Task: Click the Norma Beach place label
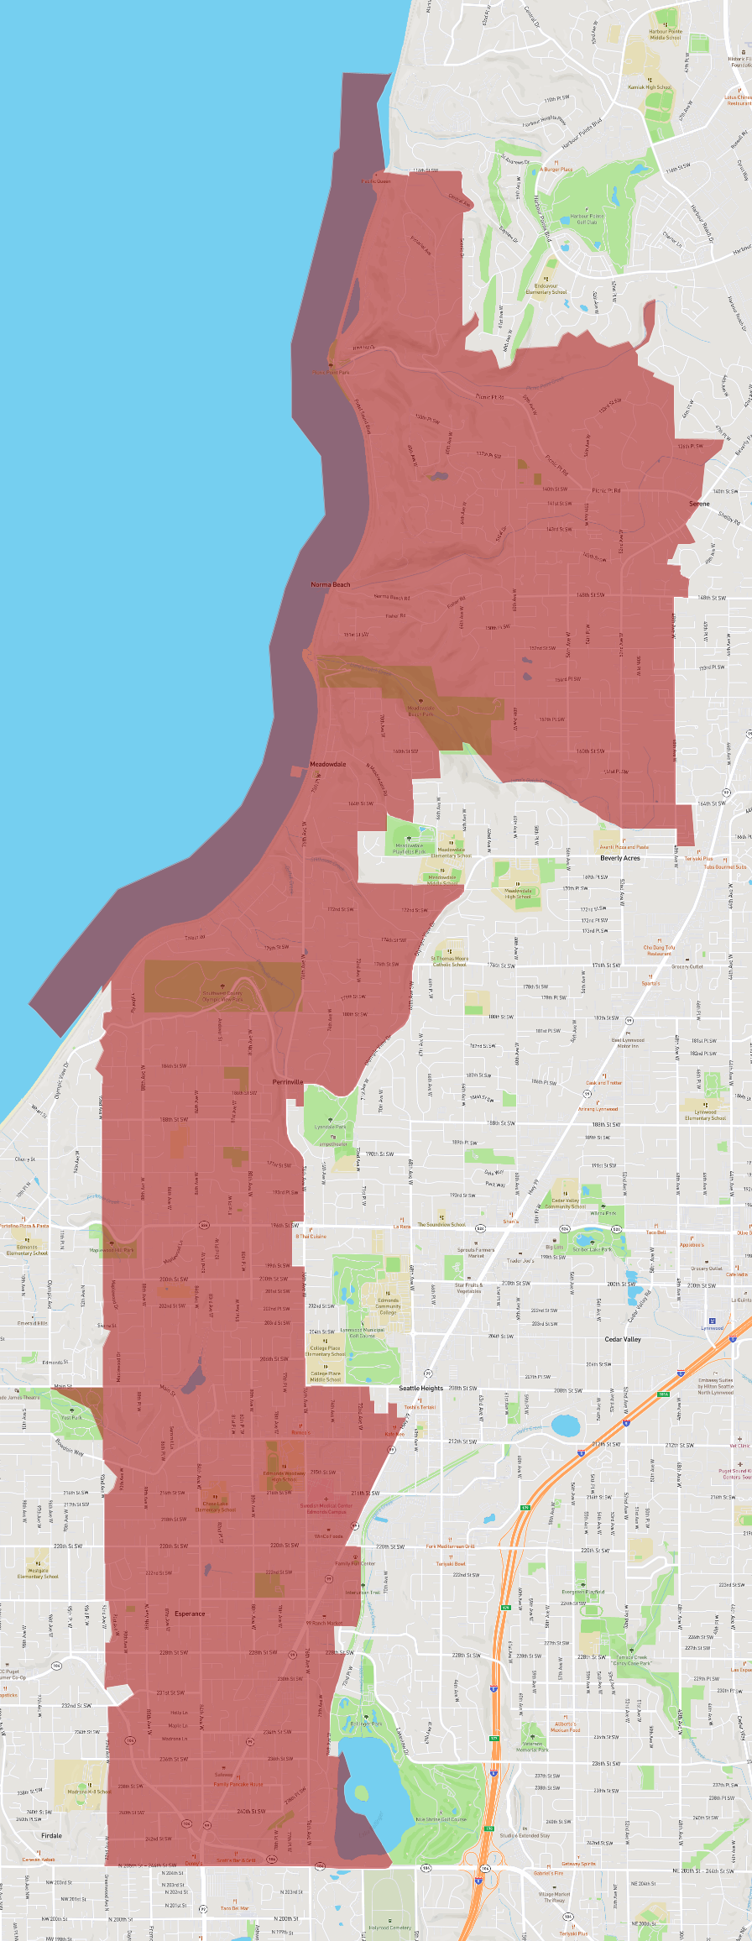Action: (331, 584)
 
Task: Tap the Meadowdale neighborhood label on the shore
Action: (328, 764)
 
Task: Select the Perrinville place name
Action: (288, 1082)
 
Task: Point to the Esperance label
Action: (190, 1614)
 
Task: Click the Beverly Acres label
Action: (620, 858)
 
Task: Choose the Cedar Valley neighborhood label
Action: (623, 1339)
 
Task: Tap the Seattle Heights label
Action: (421, 1388)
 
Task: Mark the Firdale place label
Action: (51, 1835)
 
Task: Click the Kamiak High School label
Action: (650, 87)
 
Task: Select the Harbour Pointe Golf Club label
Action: (587, 219)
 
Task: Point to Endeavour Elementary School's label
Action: (546, 289)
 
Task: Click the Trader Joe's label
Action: (520, 1260)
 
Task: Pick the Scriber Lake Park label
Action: (593, 1249)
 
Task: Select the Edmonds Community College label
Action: (388, 1306)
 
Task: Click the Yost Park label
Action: (71, 1417)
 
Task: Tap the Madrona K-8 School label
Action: (89, 1791)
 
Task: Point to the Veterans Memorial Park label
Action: (532, 1747)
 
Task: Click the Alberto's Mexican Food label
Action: (566, 1727)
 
